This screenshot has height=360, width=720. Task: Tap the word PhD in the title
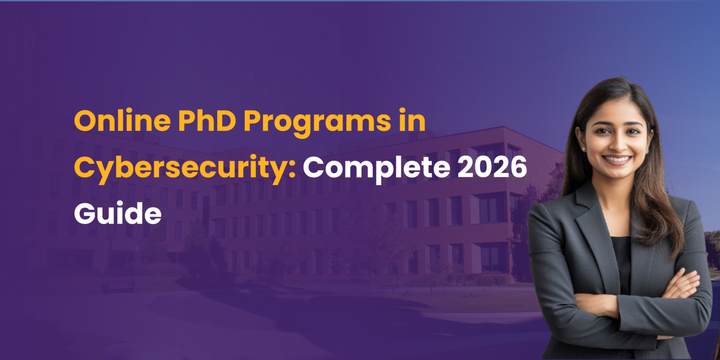pyautogui.click(x=204, y=122)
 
